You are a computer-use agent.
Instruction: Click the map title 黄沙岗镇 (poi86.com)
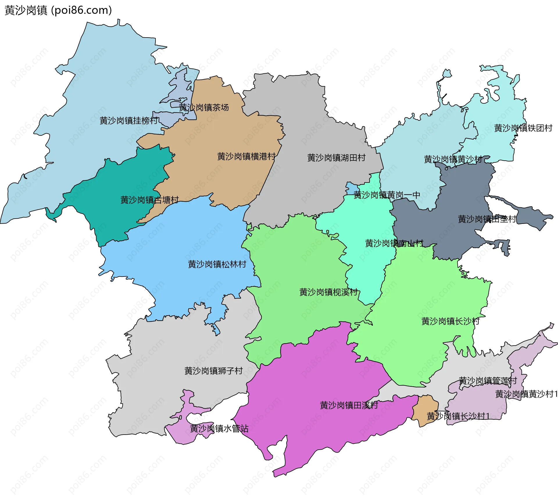[x=58, y=10]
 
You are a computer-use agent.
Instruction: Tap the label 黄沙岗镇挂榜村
[x=129, y=121]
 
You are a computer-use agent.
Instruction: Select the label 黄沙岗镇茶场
[x=204, y=108]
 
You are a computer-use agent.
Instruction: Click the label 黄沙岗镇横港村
[x=246, y=157]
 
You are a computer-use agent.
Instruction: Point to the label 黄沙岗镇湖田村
[x=336, y=158]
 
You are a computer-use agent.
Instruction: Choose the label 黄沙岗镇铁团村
[x=523, y=128]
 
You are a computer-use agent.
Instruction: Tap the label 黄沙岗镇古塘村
[x=150, y=200]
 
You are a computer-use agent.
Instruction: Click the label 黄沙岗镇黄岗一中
[x=387, y=195]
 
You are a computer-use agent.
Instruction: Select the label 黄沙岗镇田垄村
[x=487, y=219]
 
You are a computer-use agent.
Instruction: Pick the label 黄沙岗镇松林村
[x=217, y=264]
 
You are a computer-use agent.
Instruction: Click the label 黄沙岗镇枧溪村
[x=328, y=292]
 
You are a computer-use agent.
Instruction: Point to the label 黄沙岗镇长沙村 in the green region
[x=450, y=321]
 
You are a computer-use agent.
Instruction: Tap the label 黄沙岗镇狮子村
[x=214, y=371]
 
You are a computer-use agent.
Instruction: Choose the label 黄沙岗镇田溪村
[x=349, y=405]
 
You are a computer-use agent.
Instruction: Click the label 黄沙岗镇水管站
[x=219, y=428]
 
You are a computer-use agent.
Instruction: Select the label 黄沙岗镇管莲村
[x=488, y=381]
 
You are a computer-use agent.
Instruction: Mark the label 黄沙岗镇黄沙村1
[x=526, y=394]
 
